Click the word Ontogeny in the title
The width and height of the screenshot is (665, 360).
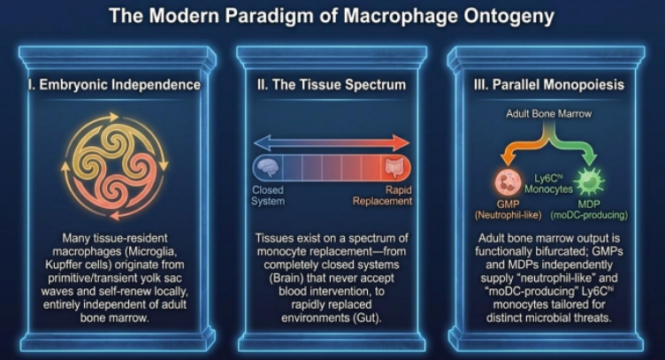(x=508, y=17)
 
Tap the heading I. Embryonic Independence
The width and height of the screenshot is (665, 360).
(x=114, y=84)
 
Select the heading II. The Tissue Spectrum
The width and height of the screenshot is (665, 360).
(x=332, y=84)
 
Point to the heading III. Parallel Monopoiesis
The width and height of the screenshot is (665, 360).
(x=549, y=84)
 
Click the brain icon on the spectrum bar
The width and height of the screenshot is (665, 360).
(x=268, y=167)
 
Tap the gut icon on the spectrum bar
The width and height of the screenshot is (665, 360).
(x=394, y=167)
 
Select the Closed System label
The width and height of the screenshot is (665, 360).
(x=268, y=195)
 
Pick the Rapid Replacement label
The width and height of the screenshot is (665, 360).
(x=383, y=195)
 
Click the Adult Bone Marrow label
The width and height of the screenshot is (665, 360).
(x=549, y=113)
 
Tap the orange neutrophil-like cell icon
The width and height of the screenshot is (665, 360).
(x=508, y=182)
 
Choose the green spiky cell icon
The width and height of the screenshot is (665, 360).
(x=589, y=182)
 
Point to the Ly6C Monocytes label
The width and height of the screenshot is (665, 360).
(x=549, y=184)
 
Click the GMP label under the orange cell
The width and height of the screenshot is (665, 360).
(x=508, y=204)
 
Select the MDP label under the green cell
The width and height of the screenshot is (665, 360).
(x=590, y=204)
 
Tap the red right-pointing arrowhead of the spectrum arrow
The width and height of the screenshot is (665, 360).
(x=401, y=143)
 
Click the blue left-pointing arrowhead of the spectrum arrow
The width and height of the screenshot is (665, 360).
(x=263, y=143)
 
